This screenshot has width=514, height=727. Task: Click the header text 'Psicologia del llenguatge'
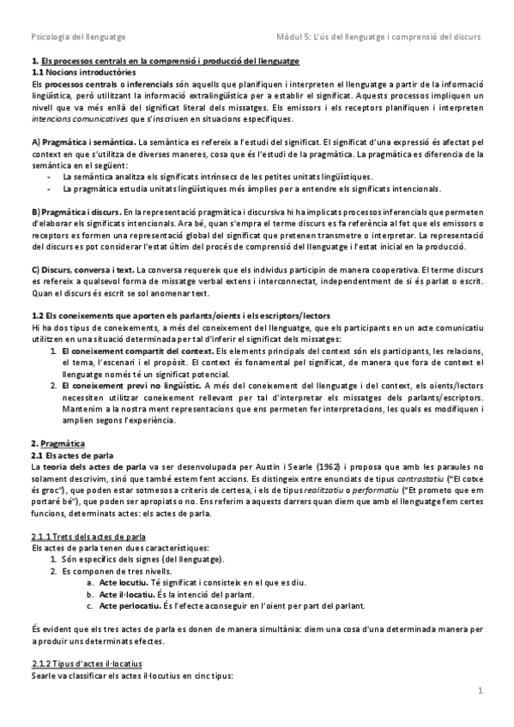coord(78,38)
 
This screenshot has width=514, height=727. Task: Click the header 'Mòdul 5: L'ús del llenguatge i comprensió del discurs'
coord(375,38)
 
